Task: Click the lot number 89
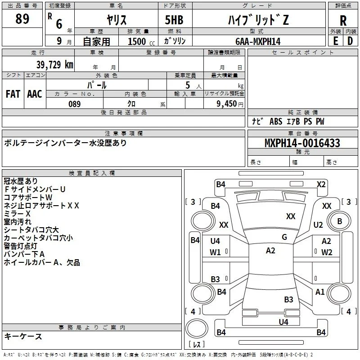coord(22,19)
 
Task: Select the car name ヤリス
coord(117,20)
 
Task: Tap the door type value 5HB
coord(174,20)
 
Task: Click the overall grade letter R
coord(343,21)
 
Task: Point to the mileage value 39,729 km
coord(54,65)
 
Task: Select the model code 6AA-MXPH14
coord(258,41)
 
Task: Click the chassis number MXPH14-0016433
coord(302,143)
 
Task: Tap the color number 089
coord(74,104)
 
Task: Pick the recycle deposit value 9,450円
coord(230,104)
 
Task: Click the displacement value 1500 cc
coord(141,41)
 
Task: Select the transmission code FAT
coord(13,94)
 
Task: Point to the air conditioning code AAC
coord(35,94)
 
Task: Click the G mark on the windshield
coord(284,237)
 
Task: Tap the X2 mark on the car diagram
coord(321,184)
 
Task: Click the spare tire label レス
coord(197,344)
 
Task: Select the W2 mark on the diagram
coord(327,252)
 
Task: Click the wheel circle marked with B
coord(339,221)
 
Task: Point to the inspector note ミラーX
coord(17,213)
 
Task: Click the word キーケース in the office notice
coord(23,336)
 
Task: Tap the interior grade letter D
coord(350,41)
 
